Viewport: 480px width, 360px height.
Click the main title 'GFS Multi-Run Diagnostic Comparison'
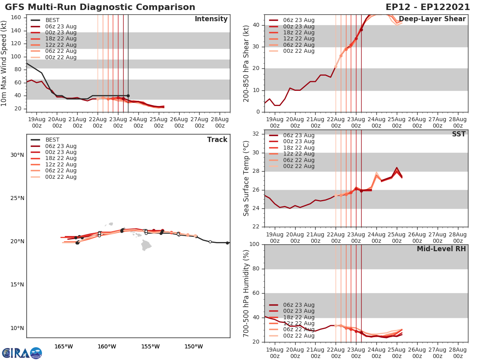100,7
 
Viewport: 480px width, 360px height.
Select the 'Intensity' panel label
211,19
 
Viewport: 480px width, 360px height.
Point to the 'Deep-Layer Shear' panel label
432,19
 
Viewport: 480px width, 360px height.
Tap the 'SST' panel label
458,134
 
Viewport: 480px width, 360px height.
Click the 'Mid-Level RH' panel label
441,249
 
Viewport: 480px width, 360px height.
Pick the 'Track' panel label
217,140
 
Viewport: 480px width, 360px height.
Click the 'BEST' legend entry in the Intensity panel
52,20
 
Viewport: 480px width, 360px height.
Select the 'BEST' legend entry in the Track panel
52,140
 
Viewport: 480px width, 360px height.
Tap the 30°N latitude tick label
17,155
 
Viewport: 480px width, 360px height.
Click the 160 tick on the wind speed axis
16,17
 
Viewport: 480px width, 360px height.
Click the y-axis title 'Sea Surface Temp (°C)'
246,178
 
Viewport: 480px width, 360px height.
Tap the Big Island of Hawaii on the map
146,245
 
